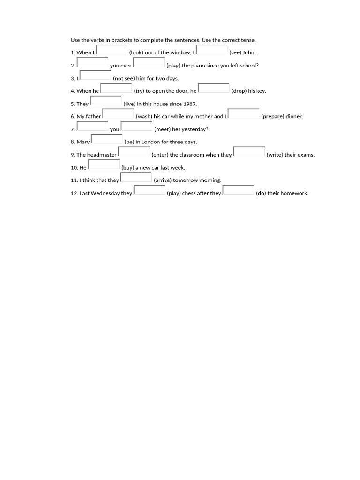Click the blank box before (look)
tap(112, 50)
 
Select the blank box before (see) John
tap(212, 50)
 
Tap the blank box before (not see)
tap(96, 75)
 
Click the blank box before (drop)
tap(214, 88)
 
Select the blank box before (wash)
tap(118, 113)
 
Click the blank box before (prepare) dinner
tap(243, 113)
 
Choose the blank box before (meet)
tap(137, 126)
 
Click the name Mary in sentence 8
tap(83, 142)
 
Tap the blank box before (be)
tap(107, 139)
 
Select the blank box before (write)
tap(249, 151)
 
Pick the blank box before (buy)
tap(104, 164)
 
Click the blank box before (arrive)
tap(136, 177)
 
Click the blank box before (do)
tap(238, 190)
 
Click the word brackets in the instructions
tap(119, 40)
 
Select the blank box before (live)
tap(106, 101)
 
